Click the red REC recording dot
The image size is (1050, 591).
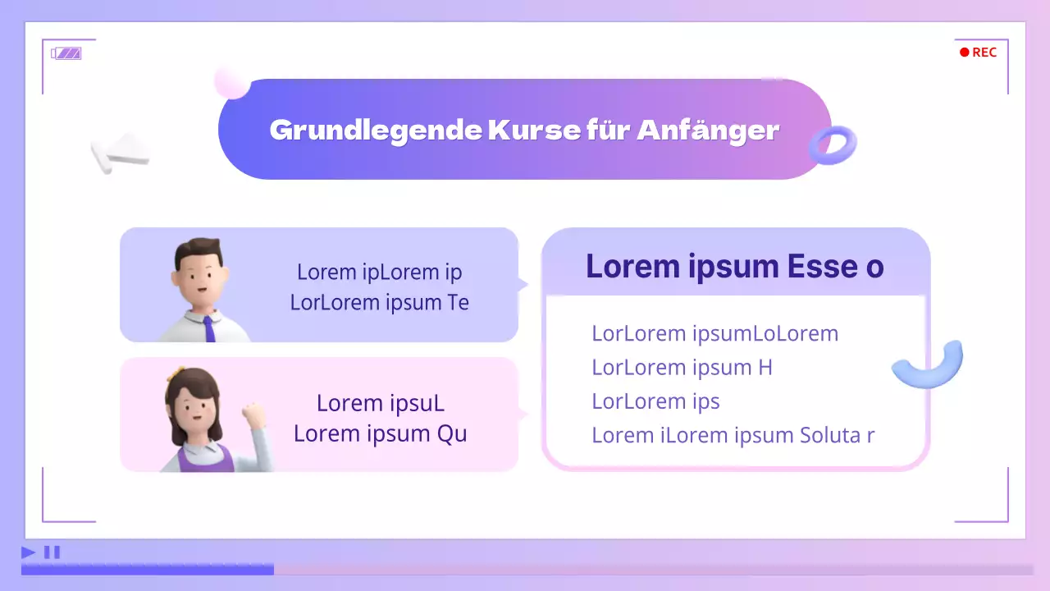[965, 53]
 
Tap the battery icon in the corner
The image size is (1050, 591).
[66, 53]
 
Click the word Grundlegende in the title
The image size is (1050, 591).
[376, 130]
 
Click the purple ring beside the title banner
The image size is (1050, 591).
[833, 145]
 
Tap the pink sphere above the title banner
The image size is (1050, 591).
[231, 81]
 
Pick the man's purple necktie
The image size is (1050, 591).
[209, 328]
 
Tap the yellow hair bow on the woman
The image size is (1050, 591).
[173, 374]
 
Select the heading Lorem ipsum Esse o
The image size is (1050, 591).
[735, 267]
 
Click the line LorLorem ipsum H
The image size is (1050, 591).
[682, 368]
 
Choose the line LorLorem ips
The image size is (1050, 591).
[655, 401]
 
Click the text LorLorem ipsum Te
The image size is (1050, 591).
[379, 302]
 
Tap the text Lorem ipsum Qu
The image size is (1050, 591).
[380, 433]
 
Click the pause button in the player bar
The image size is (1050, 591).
[52, 552]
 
